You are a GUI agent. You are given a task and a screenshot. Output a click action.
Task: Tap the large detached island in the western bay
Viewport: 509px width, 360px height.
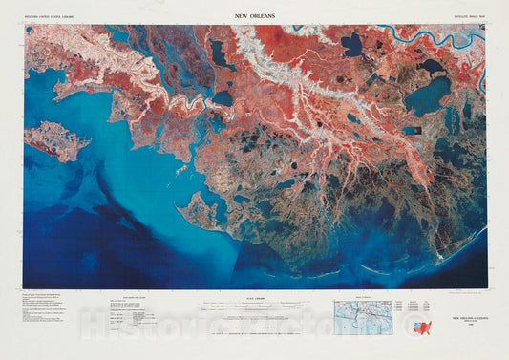click(56, 140)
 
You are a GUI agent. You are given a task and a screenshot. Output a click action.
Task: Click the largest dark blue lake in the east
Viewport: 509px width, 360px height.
click(427, 95)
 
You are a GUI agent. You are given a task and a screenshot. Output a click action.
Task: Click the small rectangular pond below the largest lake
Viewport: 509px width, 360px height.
click(413, 130)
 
